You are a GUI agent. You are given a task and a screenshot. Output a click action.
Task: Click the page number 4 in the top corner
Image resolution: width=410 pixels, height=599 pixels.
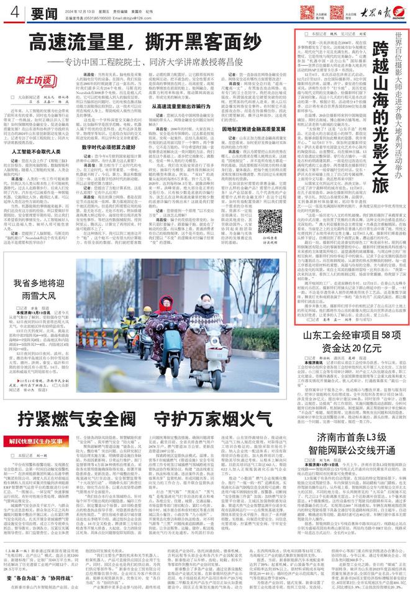point(13,11)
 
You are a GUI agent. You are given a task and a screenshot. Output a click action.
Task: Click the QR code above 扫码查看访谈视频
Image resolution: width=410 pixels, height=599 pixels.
point(269,221)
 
